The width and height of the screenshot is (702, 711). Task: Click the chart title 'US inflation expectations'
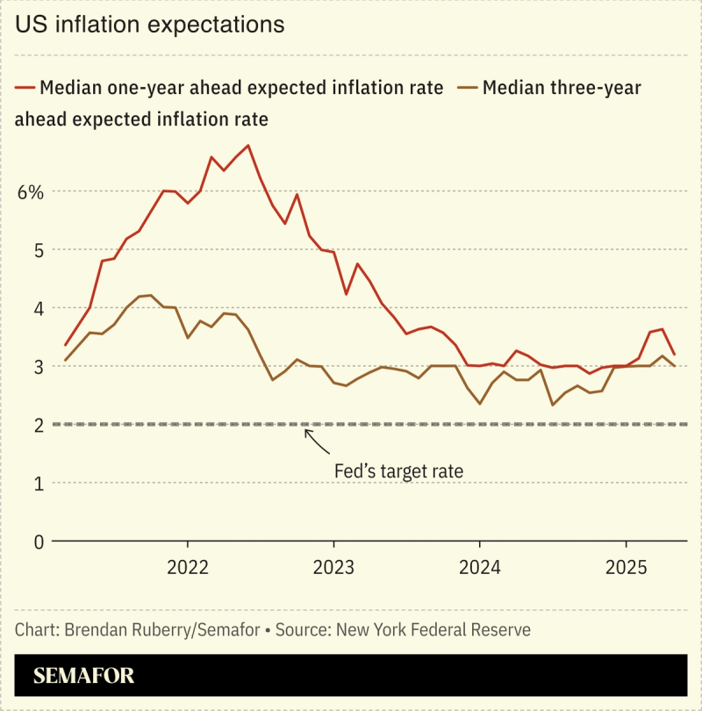tap(149, 25)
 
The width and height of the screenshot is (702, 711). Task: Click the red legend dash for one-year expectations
tap(25, 88)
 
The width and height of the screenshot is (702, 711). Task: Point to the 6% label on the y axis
tap(30, 191)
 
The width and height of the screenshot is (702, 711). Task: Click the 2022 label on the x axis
tap(187, 566)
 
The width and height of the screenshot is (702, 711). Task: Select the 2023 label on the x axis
tap(333, 566)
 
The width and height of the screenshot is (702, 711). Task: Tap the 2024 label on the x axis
tap(480, 566)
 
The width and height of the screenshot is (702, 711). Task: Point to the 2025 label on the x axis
tap(627, 566)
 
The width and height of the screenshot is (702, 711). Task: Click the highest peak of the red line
tap(249, 145)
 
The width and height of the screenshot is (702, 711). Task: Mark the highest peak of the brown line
tap(151, 295)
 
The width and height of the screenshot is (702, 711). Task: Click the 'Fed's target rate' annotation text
tap(398, 471)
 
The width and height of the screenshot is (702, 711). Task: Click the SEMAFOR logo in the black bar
tap(84, 676)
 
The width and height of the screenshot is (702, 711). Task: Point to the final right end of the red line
tap(674, 355)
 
